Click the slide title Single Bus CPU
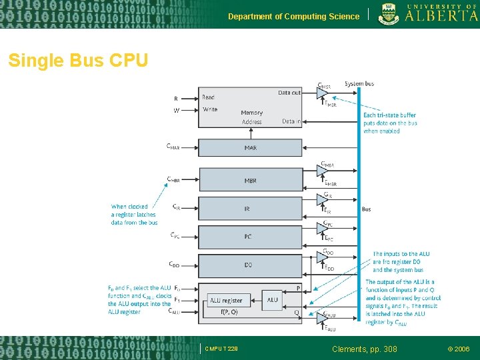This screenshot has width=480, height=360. point(78,61)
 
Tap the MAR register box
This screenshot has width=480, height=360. point(250,147)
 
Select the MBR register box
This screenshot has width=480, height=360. point(250,180)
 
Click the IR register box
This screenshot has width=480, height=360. point(247,209)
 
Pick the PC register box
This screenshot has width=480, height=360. point(248,237)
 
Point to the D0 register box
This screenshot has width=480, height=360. point(248,265)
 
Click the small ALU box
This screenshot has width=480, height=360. point(272,299)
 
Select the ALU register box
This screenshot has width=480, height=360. point(226,301)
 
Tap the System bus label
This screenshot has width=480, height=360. point(359,84)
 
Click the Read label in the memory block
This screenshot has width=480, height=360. point(208,97)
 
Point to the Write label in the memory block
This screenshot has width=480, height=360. point(209,109)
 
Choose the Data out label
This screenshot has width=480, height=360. point(289,93)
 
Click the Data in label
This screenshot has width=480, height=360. point(291,121)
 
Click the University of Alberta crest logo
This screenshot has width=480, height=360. point(390,14)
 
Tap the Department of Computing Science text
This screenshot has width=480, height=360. point(293,16)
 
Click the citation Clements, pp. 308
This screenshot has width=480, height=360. point(365,349)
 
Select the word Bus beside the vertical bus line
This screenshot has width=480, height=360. point(367,209)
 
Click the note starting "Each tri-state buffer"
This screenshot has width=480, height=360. point(389,123)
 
